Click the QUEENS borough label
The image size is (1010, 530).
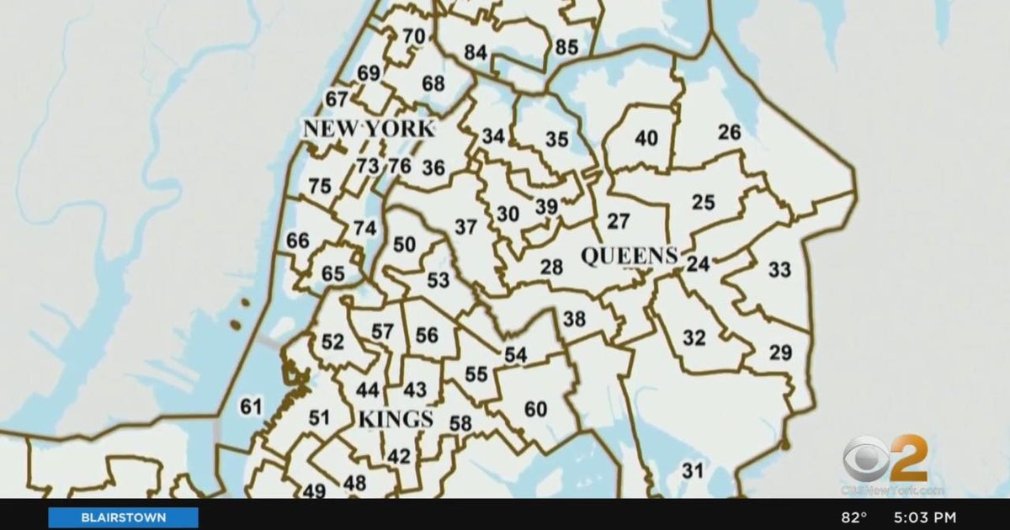(x=630, y=256)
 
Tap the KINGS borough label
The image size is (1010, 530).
(x=396, y=419)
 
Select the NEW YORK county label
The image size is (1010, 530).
(x=369, y=130)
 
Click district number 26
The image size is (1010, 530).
(x=730, y=132)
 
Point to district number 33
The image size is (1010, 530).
(x=779, y=270)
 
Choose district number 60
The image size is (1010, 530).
(x=535, y=410)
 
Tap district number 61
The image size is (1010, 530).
(x=251, y=407)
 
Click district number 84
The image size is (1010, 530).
(x=476, y=52)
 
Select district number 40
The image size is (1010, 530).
(x=646, y=139)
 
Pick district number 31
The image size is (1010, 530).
(x=692, y=471)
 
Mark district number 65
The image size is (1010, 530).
(x=333, y=273)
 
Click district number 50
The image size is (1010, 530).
(x=405, y=244)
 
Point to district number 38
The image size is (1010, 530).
(x=574, y=319)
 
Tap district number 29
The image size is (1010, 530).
(x=780, y=352)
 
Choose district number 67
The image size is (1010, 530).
(x=337, y=99)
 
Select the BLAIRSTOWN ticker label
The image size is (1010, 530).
(x=123, y=517)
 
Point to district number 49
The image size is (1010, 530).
(x=314, y=490)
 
